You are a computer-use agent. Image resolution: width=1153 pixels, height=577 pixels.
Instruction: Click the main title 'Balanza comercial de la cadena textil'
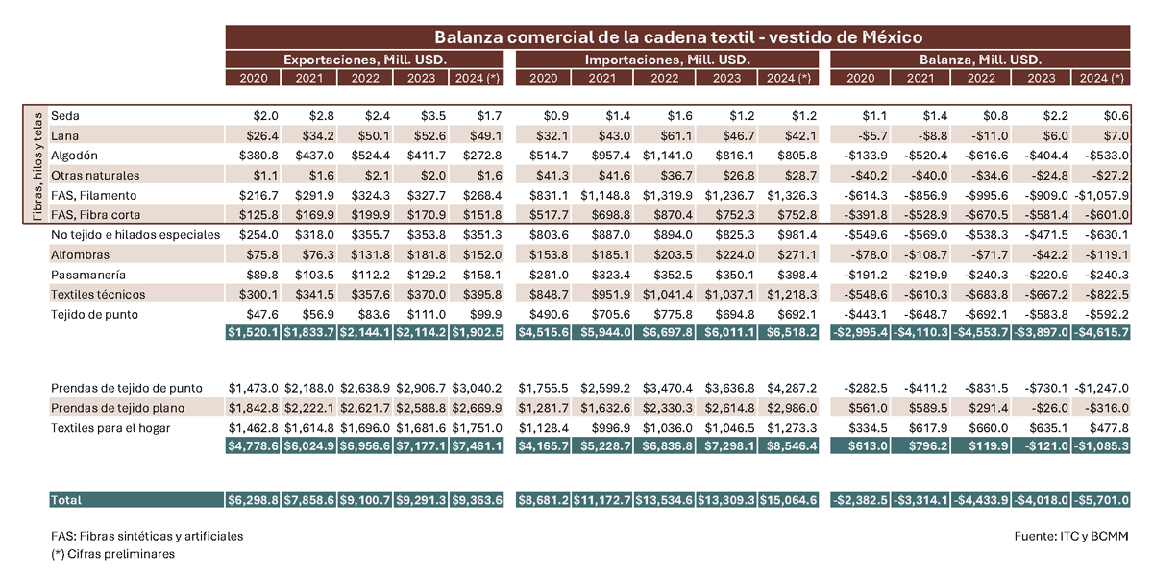(x=594, y=37)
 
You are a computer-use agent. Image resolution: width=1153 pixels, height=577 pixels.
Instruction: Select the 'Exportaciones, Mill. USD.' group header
(x=365, y=60)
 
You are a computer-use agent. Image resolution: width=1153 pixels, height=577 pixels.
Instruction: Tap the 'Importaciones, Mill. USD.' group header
(x=668, y=60)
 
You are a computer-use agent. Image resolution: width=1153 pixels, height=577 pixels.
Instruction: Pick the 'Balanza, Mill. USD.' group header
(x=981, y=60)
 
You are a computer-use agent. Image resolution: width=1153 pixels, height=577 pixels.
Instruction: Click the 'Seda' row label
(x=65, y=116)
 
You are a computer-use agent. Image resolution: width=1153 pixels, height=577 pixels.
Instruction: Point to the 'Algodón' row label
(x=74, y=156)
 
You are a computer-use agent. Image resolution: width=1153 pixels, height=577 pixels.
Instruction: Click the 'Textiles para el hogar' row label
(x=110, y=428)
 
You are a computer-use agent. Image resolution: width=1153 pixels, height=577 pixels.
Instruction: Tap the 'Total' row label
(x=66, y=500)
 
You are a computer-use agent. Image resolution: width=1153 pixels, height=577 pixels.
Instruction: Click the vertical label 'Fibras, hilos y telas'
(x=37, y=166)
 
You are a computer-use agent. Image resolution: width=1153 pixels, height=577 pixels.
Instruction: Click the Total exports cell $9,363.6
(x=477, y=500)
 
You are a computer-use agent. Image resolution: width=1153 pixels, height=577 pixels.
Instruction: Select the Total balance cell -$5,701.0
(x=1102, y=500)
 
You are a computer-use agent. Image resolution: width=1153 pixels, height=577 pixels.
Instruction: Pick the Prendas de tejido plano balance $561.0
(x=868, y=408)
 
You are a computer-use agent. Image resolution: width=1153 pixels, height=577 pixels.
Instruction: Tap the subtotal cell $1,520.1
(x=253, y=333)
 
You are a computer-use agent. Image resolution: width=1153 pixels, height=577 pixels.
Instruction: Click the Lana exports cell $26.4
(x=262, y=135)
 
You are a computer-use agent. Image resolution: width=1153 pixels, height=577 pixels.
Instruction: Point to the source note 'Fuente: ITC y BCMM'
(x=1071, y=536)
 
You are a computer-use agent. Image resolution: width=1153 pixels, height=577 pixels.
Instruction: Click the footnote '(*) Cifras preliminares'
(x=112, y=554)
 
